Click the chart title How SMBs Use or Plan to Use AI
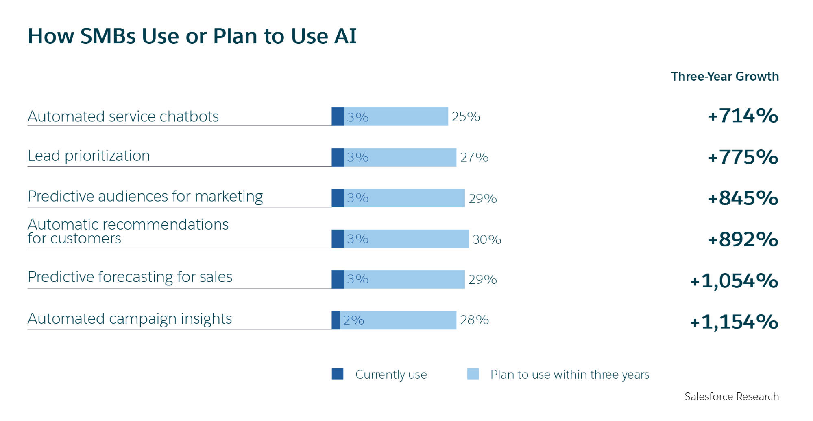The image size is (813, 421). [192, 36]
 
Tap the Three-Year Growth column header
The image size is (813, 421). [724, 76]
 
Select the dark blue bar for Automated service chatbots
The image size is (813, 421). [338, 116]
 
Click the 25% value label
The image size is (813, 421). [466, 116]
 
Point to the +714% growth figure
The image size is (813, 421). [743, 116]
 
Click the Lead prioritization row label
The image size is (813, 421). [89, 156]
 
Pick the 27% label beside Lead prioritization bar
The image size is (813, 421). [474, 157]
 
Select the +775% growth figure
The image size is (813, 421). [743, 157]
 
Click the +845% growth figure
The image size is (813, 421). [743, 198]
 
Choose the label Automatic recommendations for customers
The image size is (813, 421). [128, 231]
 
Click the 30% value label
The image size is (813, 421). [486, 239]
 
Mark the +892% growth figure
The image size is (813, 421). [743, 239]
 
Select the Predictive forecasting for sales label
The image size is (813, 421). [130, 277]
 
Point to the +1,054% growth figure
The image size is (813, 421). [734, 281]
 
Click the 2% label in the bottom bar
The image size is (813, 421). [353, 320]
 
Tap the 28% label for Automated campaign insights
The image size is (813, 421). [474, 320]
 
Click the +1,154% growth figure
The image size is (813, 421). [734, 322]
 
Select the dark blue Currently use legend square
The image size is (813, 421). [338, 374]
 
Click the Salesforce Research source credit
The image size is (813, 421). [731, 396]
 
